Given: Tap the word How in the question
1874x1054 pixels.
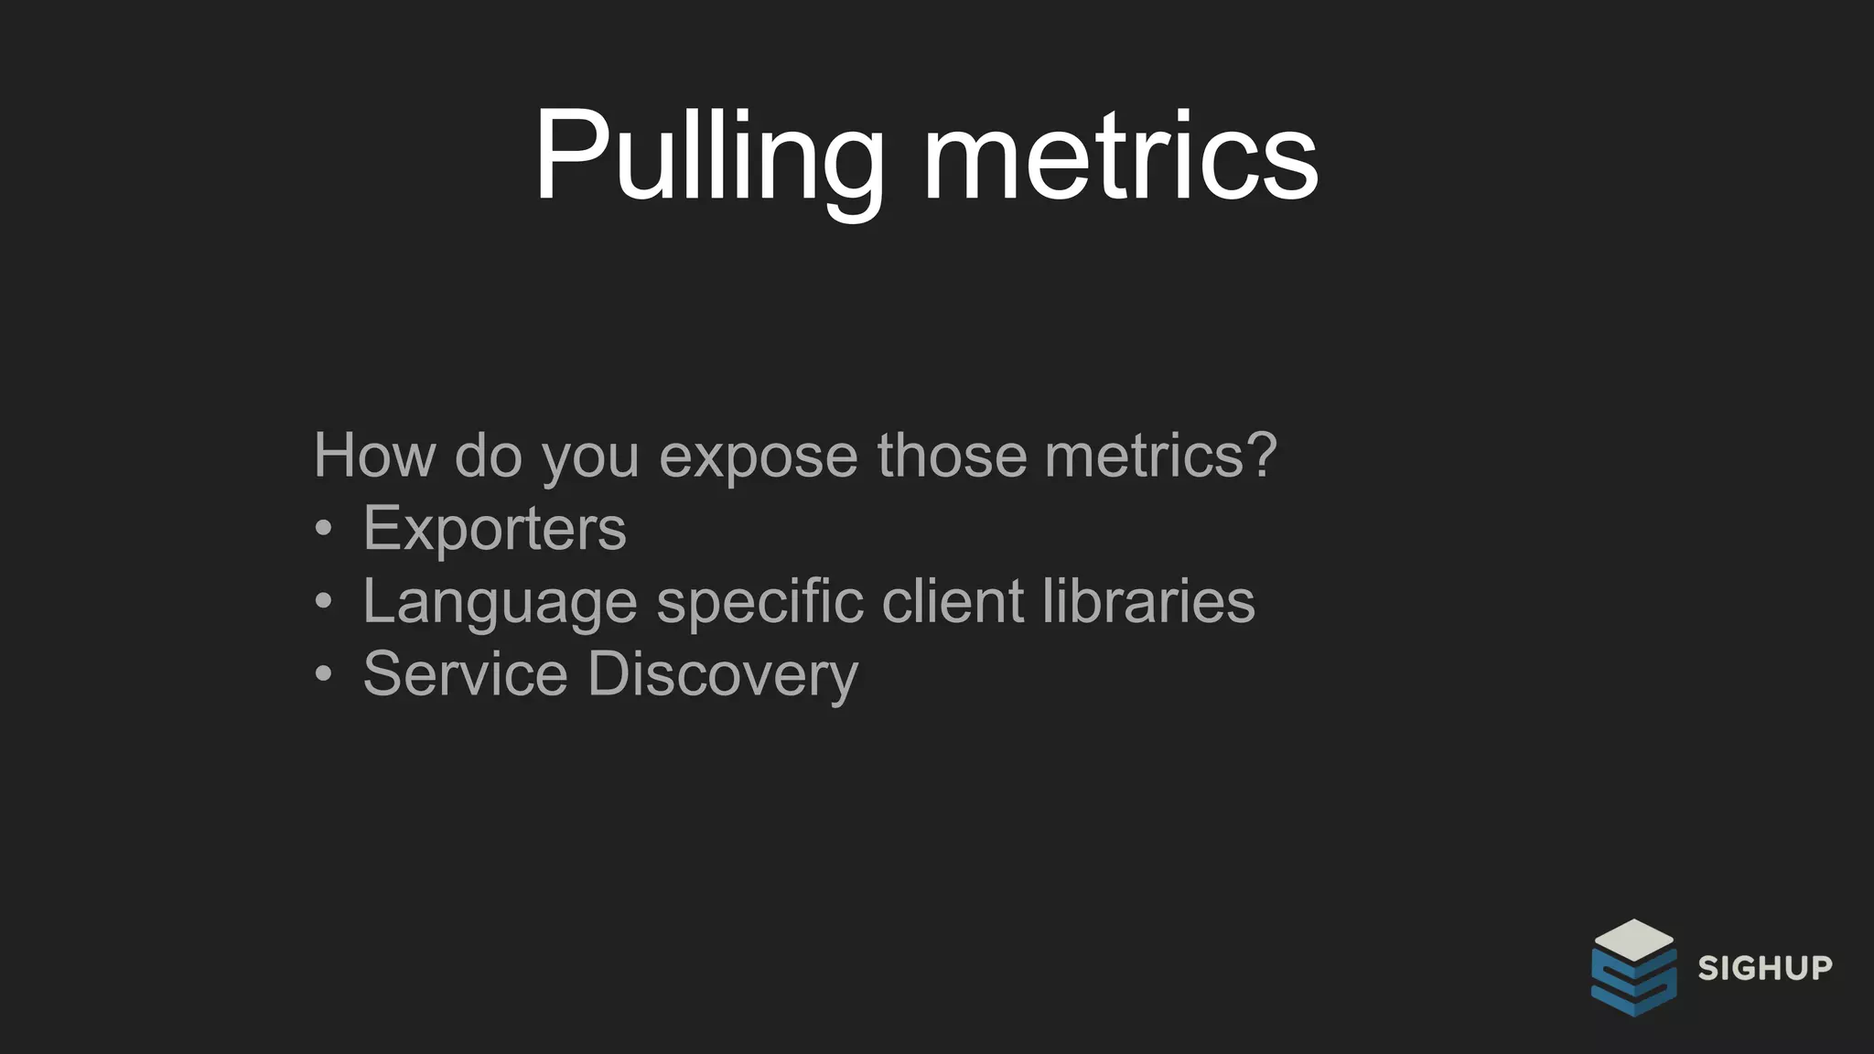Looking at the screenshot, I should tap(374, 455).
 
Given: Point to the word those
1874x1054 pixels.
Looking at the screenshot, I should tap(952, 455).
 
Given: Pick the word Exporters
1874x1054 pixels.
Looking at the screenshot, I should tap(494, 528).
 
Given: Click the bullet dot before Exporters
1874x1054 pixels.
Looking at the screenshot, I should tap(323, 529).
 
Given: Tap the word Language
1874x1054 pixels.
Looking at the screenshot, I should tap(500, 602).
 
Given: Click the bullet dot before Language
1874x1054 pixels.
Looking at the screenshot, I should tap(323, 602).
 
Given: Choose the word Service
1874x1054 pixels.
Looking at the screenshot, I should tap(465, 673).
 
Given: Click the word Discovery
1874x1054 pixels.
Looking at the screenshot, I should tap(723, 675).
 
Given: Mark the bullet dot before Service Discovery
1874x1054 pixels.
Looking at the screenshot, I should tap(323, 674).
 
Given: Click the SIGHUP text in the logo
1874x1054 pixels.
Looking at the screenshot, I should tap(1765, 968).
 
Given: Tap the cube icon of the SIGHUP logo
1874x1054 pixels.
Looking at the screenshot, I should tap(1633, 967).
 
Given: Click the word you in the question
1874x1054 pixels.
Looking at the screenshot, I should tap(590, 457).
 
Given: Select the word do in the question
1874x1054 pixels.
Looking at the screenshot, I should tap(488, 455).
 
